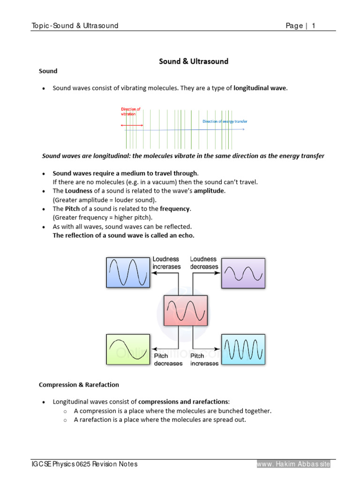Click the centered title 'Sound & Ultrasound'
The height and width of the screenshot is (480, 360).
(194, 61)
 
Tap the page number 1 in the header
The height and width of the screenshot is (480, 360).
(313, 26)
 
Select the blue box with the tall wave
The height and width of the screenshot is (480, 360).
(127, 273)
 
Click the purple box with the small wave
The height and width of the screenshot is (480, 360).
(243, 273)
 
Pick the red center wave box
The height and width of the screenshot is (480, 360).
(185, 310)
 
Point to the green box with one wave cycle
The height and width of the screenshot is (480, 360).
(127, 349)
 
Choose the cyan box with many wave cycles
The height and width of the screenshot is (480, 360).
(243, 349)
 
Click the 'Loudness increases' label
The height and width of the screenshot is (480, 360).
(166, 263)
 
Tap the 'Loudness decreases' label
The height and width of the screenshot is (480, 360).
(204, 263)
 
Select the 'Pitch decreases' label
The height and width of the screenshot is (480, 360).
(168, 360)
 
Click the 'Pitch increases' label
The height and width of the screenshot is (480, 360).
(204, 360)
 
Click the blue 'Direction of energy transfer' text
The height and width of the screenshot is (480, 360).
(225, 121)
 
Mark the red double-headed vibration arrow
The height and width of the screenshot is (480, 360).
(132, 125)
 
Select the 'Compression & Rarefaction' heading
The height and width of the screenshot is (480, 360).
(79, 385)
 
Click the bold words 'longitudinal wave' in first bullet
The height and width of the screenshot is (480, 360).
(260, 88)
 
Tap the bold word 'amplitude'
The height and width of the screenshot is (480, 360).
(210, 191)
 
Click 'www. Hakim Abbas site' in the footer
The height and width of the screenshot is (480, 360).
(293, 464)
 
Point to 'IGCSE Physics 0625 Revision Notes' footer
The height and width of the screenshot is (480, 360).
(84, 464)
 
